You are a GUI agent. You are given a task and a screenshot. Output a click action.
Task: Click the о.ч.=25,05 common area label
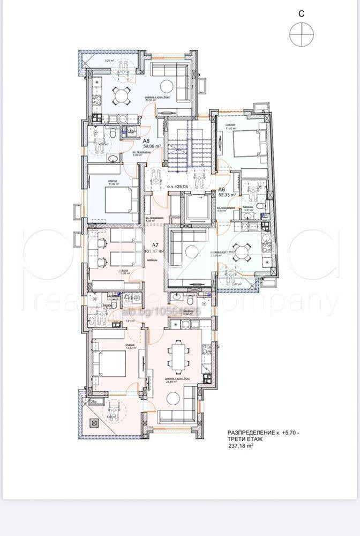[179, 187]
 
